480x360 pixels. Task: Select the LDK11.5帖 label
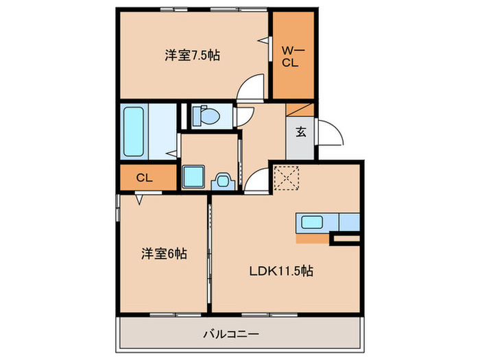[x=280, y=272]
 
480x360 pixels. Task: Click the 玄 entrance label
[x=301, y=133]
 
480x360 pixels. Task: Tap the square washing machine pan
[x=193, y=178]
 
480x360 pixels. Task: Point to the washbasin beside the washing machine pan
[x=222, y=180]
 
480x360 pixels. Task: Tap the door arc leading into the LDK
[x=258, y=180]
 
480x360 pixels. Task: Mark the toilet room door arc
[x=244, y=118]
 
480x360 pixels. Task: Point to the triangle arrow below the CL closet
[x=140, y=199]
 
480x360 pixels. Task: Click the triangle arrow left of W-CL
[x=263, y=41]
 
